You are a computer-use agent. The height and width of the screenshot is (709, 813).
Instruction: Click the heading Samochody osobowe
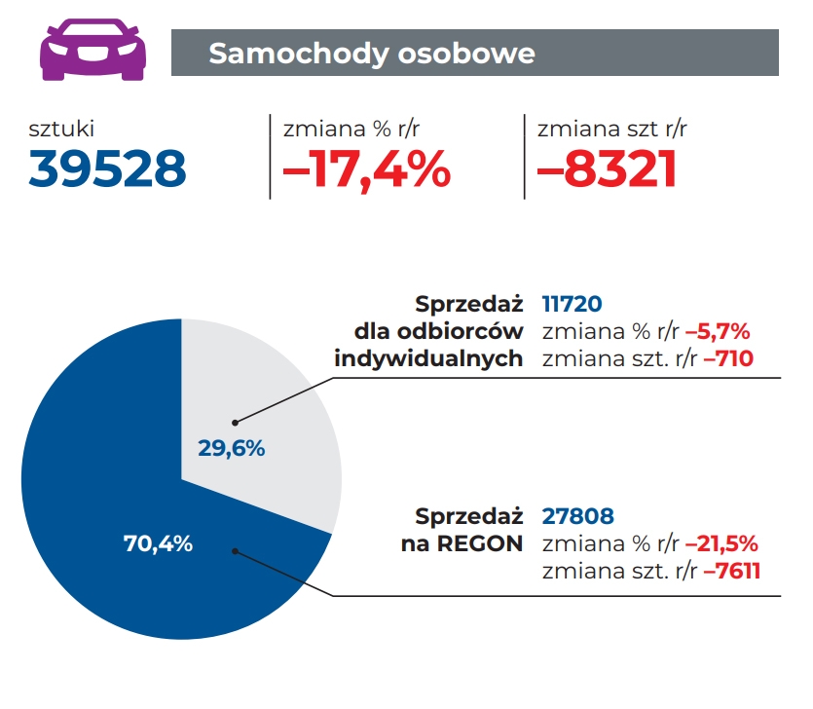click(x=372, y=53)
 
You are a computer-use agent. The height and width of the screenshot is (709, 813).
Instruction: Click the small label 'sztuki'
click(x=61, y=128)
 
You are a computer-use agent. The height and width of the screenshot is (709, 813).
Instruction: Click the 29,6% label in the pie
click(x=232, y=449)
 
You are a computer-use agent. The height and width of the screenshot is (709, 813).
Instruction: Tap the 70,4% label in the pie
click(x=158, y=543)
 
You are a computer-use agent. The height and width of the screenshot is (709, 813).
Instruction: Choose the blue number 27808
click(x=578, y=515)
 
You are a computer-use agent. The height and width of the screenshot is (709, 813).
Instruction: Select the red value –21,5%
click(x=721, y=543)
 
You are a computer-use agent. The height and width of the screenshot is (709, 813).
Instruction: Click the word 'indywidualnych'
click(x=428, y=358)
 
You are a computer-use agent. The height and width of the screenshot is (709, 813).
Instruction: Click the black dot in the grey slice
click(x=235, y=423)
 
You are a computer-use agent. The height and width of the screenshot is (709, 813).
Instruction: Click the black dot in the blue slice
click(x=235, y=550)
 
